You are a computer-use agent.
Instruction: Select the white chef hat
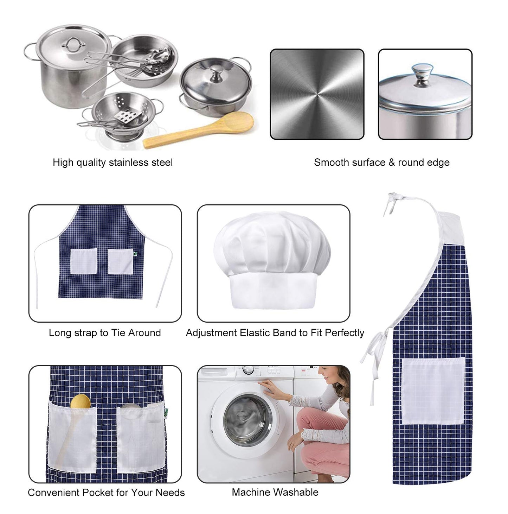(272, 261)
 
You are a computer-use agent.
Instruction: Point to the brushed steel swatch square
(317, 94)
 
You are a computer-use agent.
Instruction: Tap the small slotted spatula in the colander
(128, 116)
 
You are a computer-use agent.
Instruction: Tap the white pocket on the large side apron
(433, 391)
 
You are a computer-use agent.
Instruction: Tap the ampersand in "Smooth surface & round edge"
(392, 162)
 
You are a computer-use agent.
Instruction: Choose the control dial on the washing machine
(248, 370)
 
